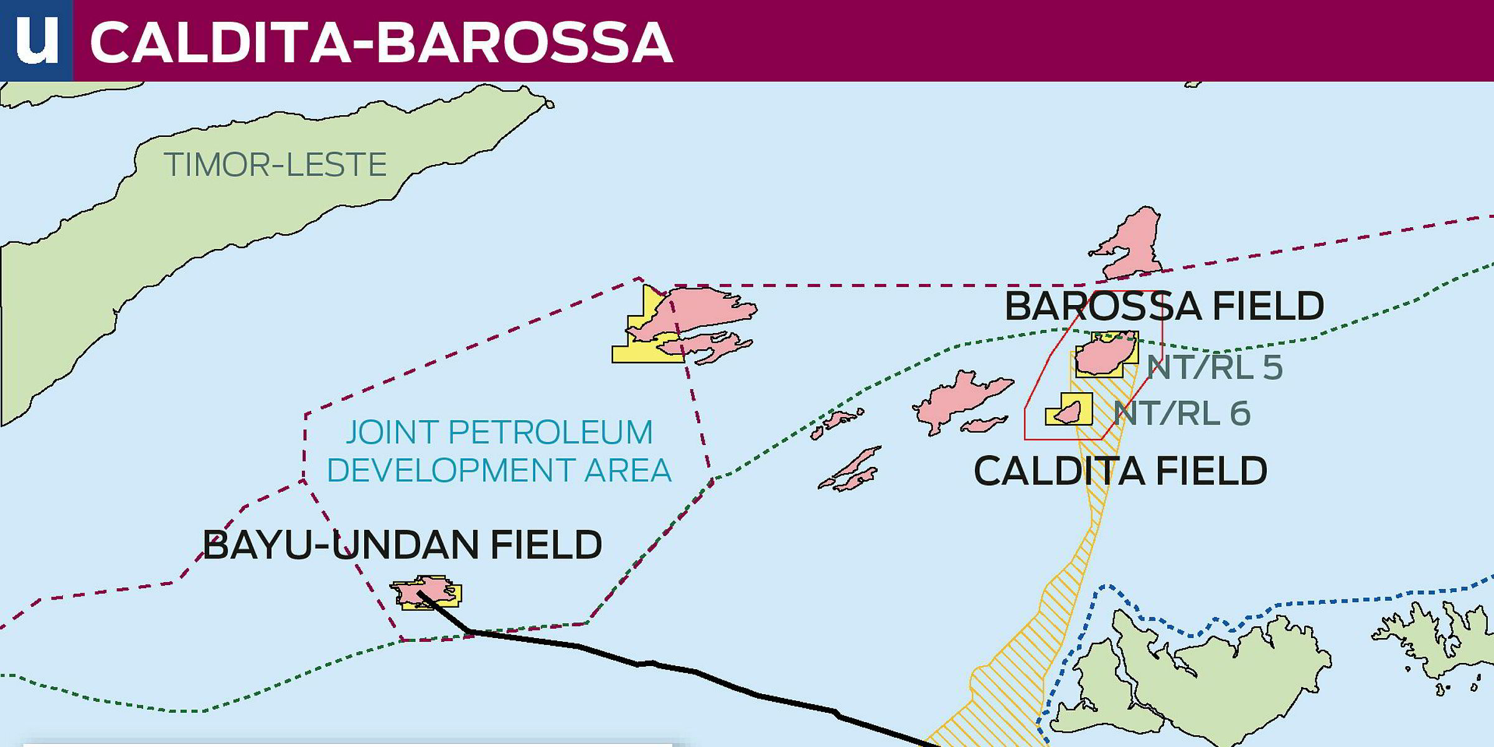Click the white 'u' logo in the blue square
click(x=36, y=40)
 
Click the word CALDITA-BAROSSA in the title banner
click(x=381, y=42)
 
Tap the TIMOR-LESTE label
click(x=275, y=165)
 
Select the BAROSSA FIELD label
click(x=1163, y=306)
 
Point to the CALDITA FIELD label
click(x=1120, y=471)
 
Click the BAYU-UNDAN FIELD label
click(x=402, y=545)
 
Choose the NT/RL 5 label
click(x=1214, y=367)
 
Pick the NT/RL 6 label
click(x=1182, y=414)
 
